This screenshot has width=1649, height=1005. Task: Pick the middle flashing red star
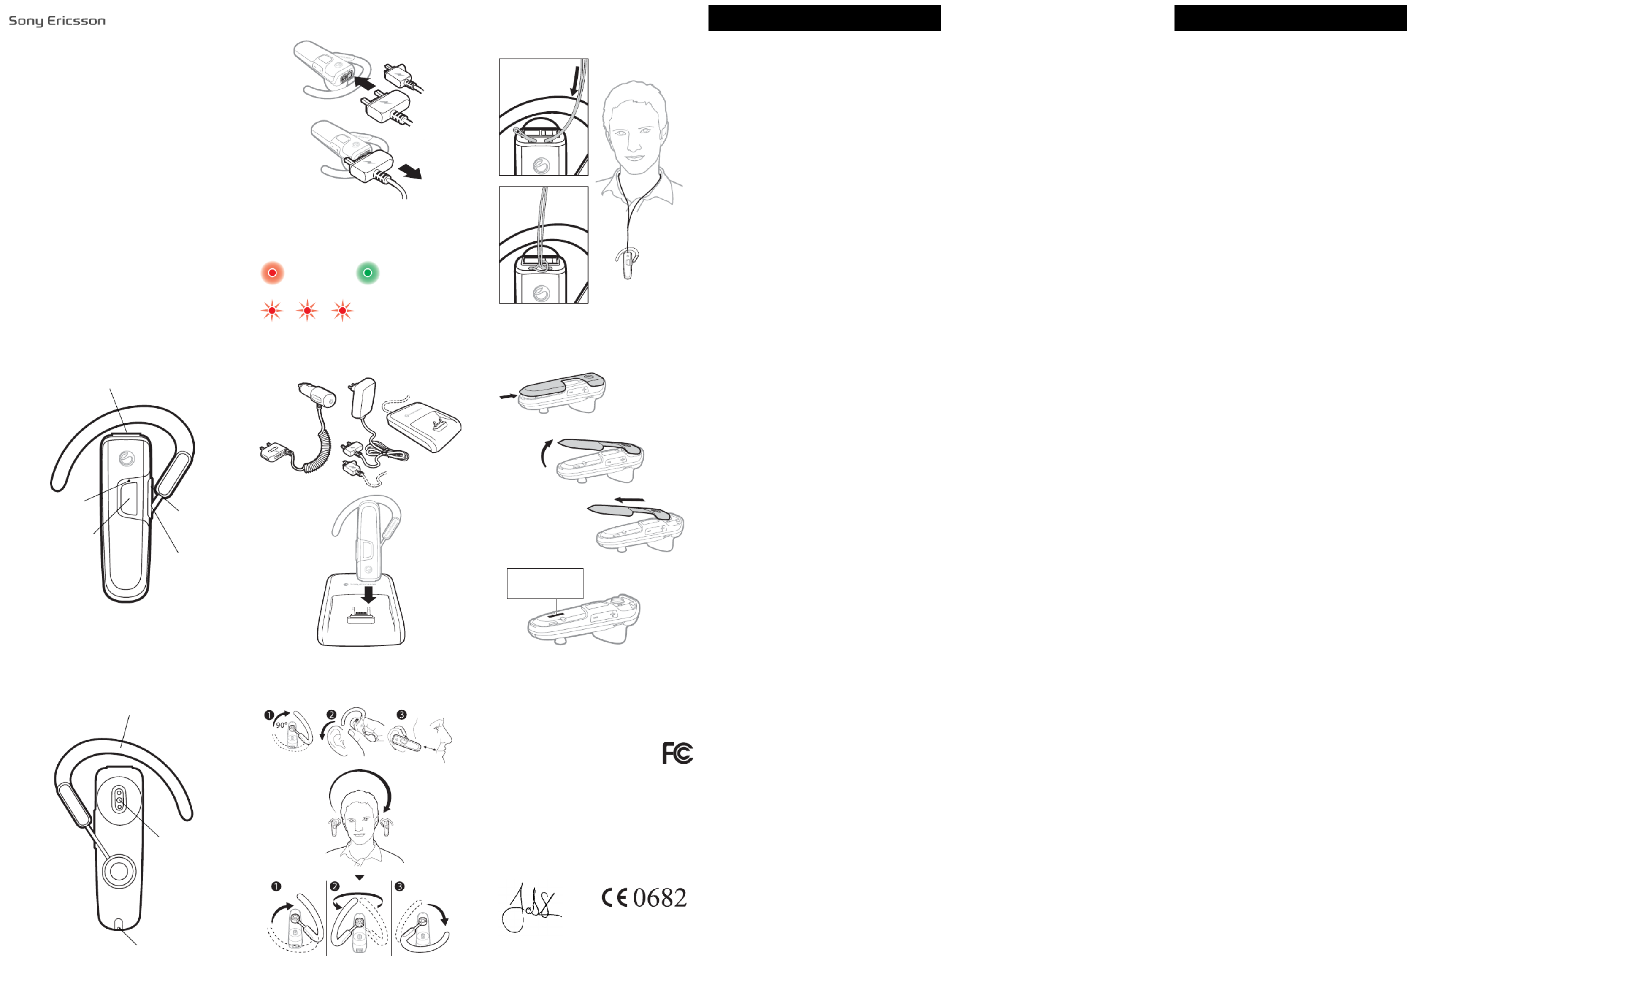point(307,311)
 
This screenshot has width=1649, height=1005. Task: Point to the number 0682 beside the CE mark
point(660,898)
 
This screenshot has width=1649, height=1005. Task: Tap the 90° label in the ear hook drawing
point(282,725)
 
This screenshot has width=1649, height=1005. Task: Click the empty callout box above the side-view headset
point(545,583)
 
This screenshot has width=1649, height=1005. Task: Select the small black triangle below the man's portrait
point(359,877)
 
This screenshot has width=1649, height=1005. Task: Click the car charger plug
point(316,394)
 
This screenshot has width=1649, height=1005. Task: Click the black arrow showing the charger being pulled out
point(409,171)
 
